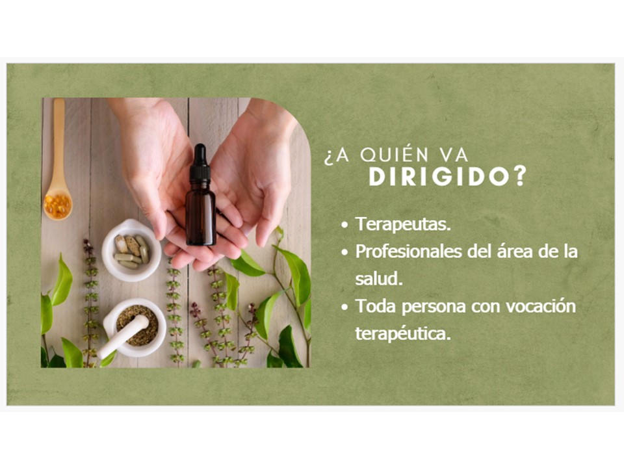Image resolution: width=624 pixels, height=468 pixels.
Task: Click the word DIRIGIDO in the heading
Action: point(439,177)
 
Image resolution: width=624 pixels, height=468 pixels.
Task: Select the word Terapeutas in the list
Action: point(403,224)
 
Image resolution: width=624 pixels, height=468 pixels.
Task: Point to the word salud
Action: point(378,279)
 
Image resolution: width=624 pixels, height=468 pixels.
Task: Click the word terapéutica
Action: point(403,333)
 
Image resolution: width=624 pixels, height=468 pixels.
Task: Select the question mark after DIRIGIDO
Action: point(520,177)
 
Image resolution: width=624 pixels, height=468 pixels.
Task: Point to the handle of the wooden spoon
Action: point(59,142)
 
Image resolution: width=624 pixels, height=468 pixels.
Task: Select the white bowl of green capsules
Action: point(131,250)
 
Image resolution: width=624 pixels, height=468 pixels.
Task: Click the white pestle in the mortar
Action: point(123,335)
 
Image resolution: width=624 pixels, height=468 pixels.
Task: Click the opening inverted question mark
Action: point(328,157)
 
